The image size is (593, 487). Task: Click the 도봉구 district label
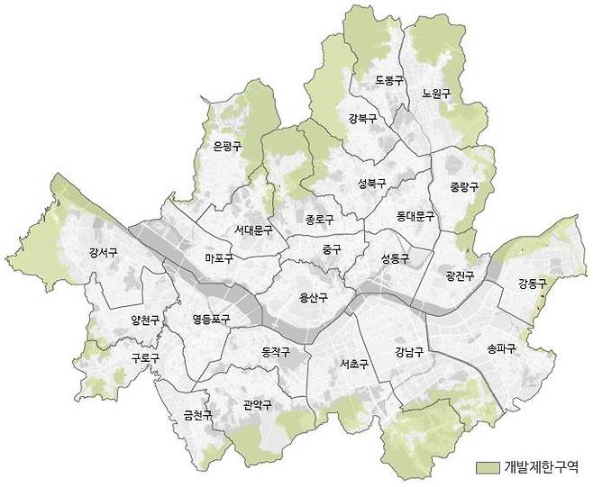[x=388, y=80]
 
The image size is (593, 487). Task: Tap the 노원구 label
[x=436, y=93]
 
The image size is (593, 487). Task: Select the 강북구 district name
[x=362, y=118]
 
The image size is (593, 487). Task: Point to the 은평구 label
[x=227, y=145]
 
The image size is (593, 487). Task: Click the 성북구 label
[x=371, y=184]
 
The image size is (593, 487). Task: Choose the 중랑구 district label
[x=464, y=187]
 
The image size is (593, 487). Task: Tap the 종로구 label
[x=319, y=219]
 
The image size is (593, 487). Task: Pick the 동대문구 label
[x=415, y=217]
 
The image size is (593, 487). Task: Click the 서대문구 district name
[x=252, y=230]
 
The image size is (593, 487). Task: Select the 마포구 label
[x=219, y=259]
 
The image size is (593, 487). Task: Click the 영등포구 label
[x=211, y=319]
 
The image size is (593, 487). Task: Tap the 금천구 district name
[x=197, y=415]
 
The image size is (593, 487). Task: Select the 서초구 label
[x=354, y=365]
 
